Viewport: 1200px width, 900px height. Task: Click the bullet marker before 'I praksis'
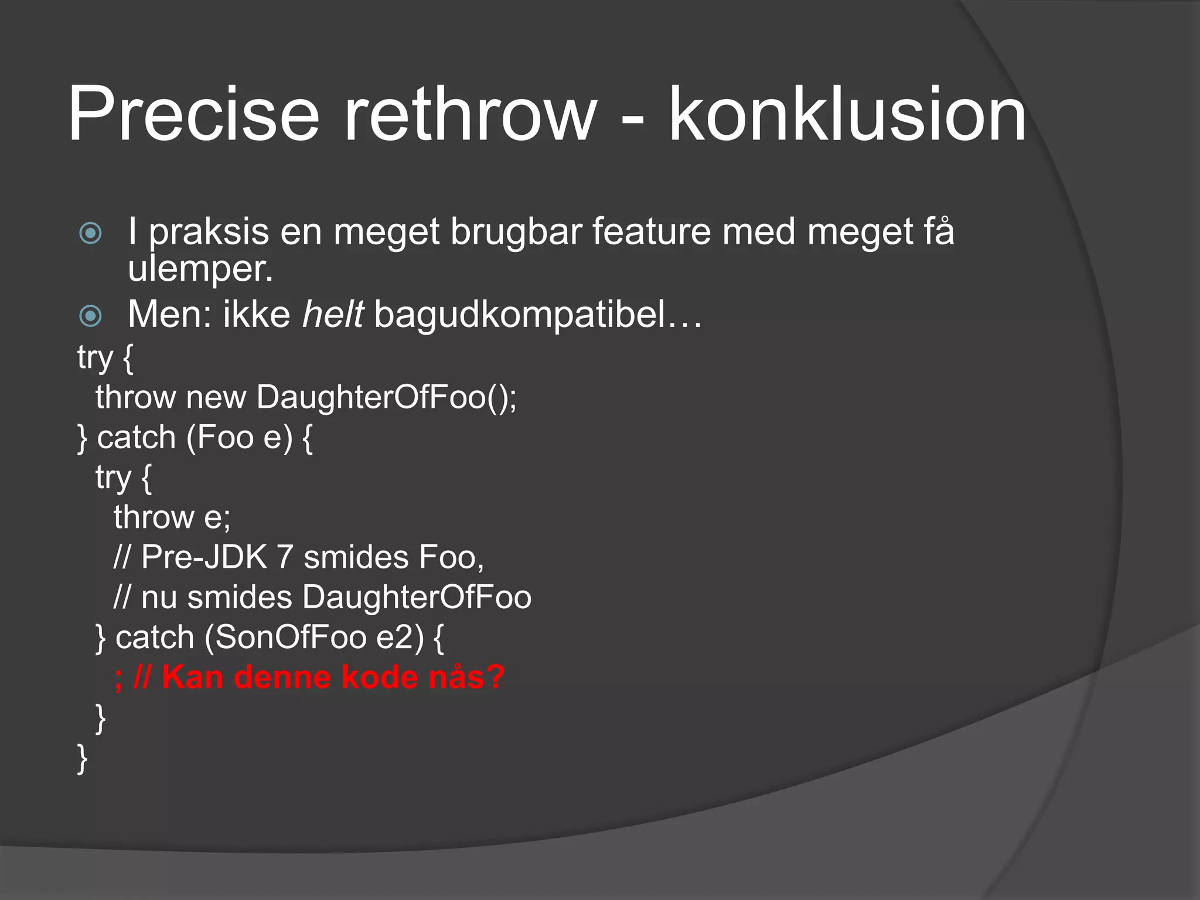point(90,233)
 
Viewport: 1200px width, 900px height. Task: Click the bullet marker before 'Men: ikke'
point(90,316)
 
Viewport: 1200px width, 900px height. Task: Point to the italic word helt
point(333,315)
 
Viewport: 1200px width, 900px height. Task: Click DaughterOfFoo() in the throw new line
point(386,397)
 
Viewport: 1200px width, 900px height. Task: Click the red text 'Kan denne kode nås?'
point(333,677)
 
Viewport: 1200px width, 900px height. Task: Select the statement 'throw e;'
point(172,517)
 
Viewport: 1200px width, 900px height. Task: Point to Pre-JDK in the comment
point(204,557)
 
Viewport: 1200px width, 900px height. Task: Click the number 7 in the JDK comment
point(285,557)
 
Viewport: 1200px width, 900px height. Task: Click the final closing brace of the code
point(83,759)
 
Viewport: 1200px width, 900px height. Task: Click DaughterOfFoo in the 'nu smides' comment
point(417,598)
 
